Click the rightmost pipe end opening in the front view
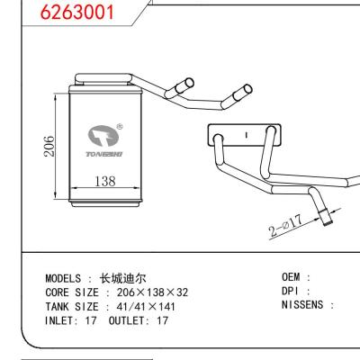pyautogui.click(x=244, y=89)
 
